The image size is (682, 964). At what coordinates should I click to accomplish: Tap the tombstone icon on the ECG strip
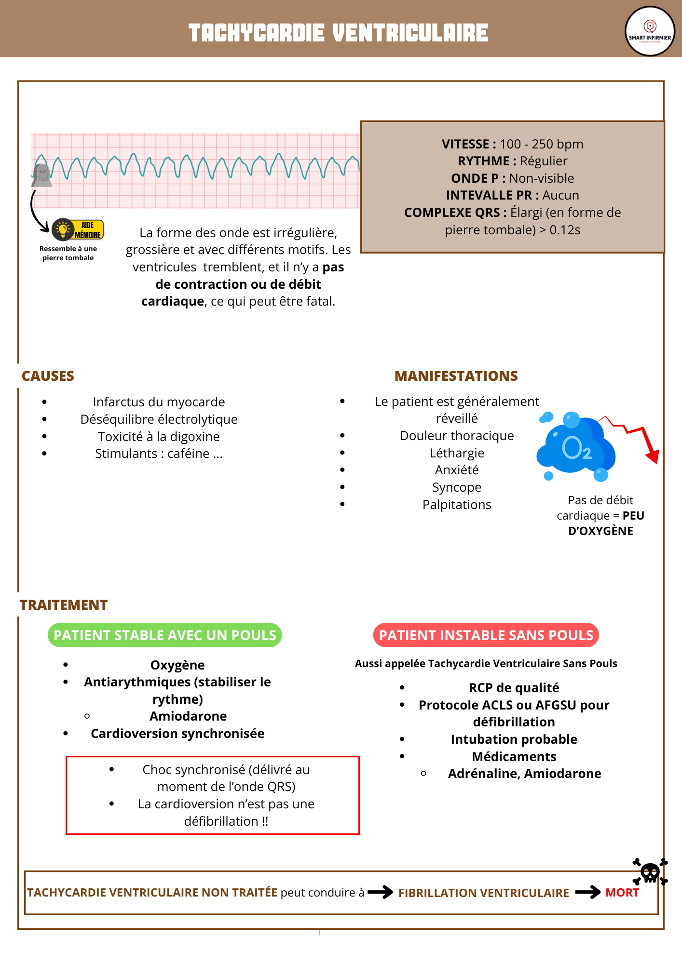pos(42,174)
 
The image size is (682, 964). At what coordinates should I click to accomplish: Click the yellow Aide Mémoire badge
pos(79,230)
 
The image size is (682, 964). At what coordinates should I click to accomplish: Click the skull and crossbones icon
pos(650,872)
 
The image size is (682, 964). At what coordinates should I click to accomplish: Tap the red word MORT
pos(622,893)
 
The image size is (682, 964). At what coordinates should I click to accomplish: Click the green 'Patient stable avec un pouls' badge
pos(164,635)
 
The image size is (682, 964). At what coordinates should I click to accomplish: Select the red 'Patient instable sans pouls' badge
pos(486,635)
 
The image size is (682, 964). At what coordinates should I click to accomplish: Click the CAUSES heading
pos(48,376)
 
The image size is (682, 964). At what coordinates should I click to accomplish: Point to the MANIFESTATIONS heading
pos(456,376)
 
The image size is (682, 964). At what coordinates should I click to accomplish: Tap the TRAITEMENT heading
pos(64,605)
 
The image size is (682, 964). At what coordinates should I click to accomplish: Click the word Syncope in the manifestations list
pos(457,487)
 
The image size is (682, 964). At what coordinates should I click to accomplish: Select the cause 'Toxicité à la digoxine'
pos(159,437)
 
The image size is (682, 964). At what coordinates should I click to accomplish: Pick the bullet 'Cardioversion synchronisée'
pos(177,734)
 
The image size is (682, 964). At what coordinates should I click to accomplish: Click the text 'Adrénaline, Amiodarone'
pos(524,774)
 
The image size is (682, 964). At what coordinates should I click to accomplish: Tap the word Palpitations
pos(457,505)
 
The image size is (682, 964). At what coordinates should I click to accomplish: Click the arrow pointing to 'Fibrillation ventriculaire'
pos(380,892)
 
